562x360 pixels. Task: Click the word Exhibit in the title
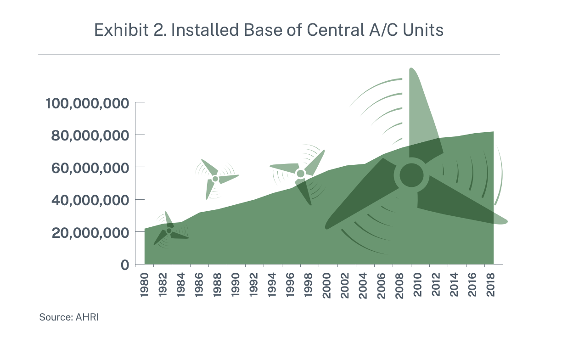pyautogui.click(x=121, y=30)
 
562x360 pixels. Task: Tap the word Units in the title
pyautogui.click(x=423, y=30)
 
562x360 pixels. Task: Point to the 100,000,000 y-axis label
pyautogui.click(x=87, y=103)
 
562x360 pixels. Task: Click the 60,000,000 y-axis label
pyautogui.click(x=90, y=168)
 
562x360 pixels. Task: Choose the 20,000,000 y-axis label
pyautogui.click(x=90, y=233)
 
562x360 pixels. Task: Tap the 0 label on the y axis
pyautogui.click(x=125, y=265)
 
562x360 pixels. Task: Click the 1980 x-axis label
pyautogui.click(x=144, y=285)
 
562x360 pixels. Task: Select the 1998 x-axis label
pyautogui.click(x=308, y=285)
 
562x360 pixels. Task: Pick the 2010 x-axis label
pyautogui.click(x=417, y=285)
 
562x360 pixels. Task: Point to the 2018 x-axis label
pyautogui.click(x=490, y=285)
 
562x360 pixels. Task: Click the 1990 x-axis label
pyautogui.click(x=236, y=285)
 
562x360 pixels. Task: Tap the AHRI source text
pyautogui.click(x=87, y=317)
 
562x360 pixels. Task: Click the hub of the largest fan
pyautogui.click(x=411, y=175)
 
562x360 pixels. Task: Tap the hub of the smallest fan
pyautogui.click(x=169, y=231)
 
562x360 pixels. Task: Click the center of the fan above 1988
pyautogui.click(x=215, y=179)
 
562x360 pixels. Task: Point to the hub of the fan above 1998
pyautogui.click(x=301, y=174)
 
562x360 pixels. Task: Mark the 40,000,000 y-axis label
pyautogui.click(x=90, y=201)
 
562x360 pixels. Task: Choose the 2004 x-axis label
pyautogui.click(x=363, y=285)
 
